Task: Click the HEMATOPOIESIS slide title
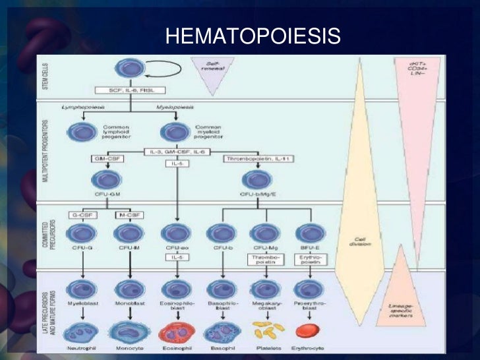click(x=253, y=36)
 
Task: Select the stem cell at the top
click(x=129, y=68)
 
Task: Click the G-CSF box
click(x=84, y=215)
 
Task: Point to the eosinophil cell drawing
click(x=174, y=332)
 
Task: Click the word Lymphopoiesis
click(x=84, y=106)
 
